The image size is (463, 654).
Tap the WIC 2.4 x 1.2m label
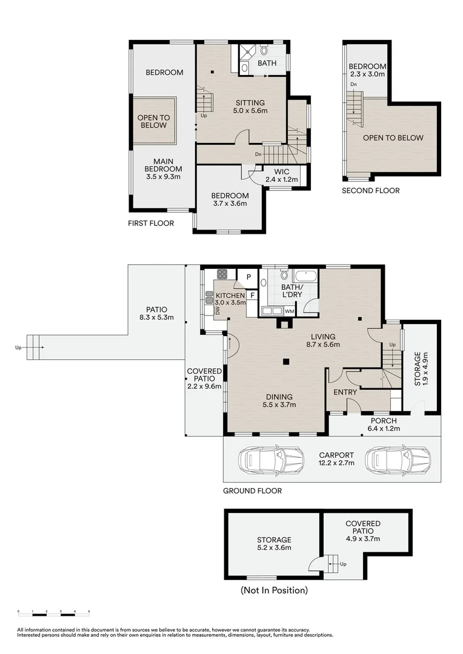click(282, 176)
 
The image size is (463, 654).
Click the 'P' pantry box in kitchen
click(248, 277)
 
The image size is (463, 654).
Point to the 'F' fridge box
click(252, 296)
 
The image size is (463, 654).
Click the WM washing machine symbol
click(290, 311)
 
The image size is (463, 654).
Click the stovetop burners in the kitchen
click(222, 273)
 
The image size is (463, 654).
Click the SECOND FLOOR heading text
click(371, 191)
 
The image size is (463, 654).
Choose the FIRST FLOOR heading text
click(151, 223)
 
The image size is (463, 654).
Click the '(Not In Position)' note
click(274, 590)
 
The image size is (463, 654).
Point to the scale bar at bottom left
click(54, 612)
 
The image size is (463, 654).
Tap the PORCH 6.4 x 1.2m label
click(384, 424)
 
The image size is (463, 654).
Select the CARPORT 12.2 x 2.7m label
click(336, 458)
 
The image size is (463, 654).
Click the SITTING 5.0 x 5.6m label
click(250, 107)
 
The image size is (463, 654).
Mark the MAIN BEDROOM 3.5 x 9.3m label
click(163, 168)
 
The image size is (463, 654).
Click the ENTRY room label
click(345, 392)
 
